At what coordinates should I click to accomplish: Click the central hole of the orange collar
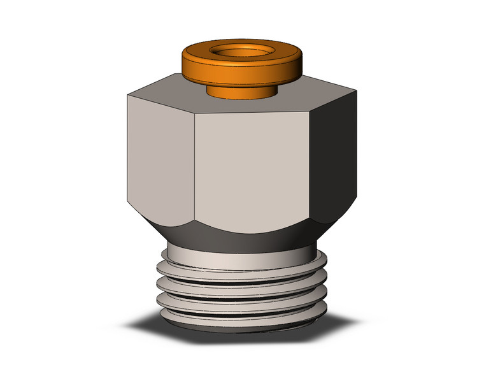coord(241,50)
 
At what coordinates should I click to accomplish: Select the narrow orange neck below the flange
coord(241,90)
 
